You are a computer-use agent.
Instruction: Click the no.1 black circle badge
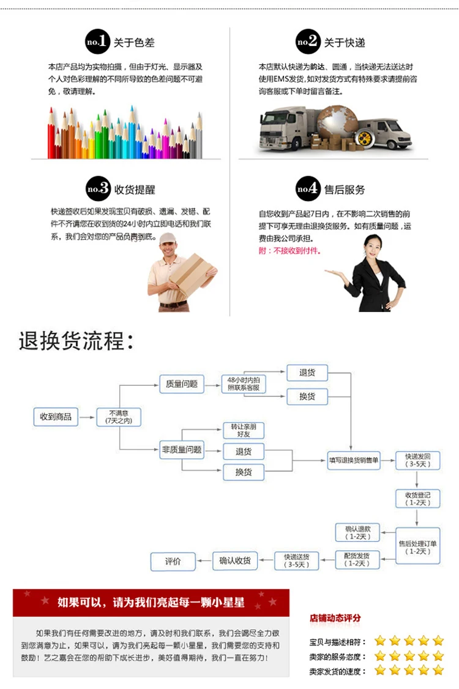point(97,42)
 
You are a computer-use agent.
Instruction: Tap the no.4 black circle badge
point(308,189)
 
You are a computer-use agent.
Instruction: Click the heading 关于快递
point(345,43)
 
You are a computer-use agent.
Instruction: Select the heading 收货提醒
point(135,190)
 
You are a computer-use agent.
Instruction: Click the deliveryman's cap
point(167,238)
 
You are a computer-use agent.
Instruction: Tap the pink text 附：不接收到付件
point(289,251)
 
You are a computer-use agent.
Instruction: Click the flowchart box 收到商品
point(56,417)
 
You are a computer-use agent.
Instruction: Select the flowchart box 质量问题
point(182,384)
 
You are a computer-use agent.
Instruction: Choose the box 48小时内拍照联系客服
point(244,384)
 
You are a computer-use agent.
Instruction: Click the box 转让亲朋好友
point(244,430)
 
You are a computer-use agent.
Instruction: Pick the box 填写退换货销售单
point(354,460)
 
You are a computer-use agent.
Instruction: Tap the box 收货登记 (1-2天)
point(417,499)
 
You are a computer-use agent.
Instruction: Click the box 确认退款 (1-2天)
point(357,533)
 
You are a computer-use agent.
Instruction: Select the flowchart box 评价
point(173,561)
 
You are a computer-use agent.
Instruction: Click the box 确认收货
point(235,561)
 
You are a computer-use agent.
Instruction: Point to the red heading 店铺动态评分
point(335,618)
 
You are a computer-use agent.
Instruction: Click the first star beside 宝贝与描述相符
point(380,641)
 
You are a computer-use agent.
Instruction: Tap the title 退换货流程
point(76,341)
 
